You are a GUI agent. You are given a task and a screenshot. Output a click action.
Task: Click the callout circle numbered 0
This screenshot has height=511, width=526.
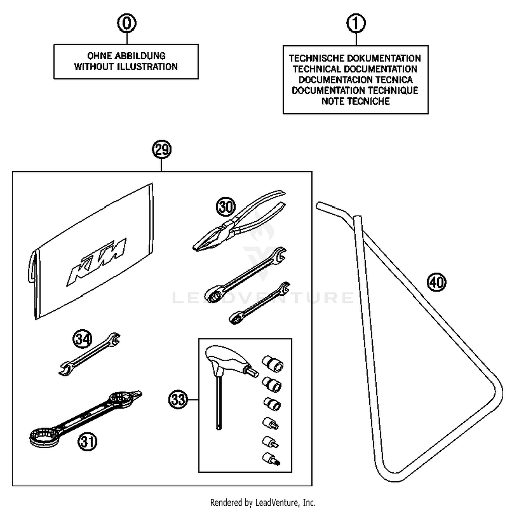pyautogui.click(x=127, y=23)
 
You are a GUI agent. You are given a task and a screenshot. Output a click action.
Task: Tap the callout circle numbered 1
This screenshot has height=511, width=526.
pyautogui.click(x=356, y=23)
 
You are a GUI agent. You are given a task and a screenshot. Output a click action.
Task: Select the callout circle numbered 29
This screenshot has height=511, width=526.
pyautogui.click(x=162, y=150)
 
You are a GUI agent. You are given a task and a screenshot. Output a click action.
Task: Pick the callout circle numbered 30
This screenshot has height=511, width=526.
pyautogui.click(x=226, y=207)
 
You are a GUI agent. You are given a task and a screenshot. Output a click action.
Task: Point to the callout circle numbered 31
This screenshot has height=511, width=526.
pyautogui.click(x=87, y=441)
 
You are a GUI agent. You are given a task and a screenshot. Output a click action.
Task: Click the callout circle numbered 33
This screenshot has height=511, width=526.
pyautogui.click(x=178, y=399)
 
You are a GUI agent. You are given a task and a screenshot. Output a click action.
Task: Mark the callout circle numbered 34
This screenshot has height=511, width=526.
pyautogui.click(x=82, y=339)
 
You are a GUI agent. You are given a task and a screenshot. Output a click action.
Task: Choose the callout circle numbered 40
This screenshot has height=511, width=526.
pyautogui.click(x=437, y=282)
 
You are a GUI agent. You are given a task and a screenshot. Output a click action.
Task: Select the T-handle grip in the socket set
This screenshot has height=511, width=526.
pyautogui.click(x=228, y=359)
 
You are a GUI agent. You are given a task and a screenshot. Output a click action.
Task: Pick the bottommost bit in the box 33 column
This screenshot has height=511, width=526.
pyautogui.click(x=271, y=459)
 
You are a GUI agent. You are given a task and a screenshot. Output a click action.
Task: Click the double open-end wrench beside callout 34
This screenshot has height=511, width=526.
pyautogui.click(x=89, y=355)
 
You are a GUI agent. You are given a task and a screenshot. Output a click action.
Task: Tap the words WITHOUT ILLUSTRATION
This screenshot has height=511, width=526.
pyautogui.click(x=126, y=67)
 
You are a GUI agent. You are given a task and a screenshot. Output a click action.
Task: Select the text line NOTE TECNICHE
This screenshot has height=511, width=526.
pyautogui.click(x=356, y=101)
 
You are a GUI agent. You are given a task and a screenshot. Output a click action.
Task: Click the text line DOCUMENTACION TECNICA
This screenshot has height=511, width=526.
pyautogui.click(x=356, y=80)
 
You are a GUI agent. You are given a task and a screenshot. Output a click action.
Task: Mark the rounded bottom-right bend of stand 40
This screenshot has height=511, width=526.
pyautogui.click(x=496, y=393)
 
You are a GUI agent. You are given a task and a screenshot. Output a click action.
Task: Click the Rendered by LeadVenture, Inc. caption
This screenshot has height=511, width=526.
pyautogui.click(x=263, y=503)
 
